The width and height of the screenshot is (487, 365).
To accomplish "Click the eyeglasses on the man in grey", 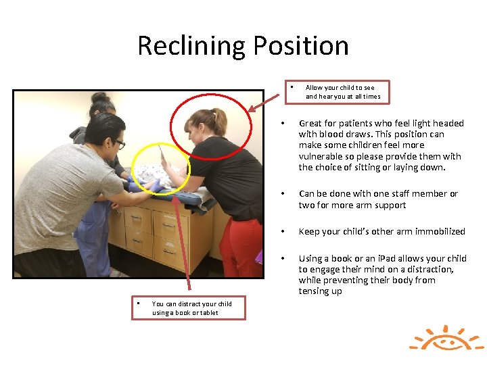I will (x=119, y=143).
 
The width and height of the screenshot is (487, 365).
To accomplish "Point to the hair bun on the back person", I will (x=100, y=98).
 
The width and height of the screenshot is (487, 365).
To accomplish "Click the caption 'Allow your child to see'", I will (x=340, y=87).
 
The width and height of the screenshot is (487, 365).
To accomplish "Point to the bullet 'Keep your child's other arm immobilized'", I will (x=381, y=231).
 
